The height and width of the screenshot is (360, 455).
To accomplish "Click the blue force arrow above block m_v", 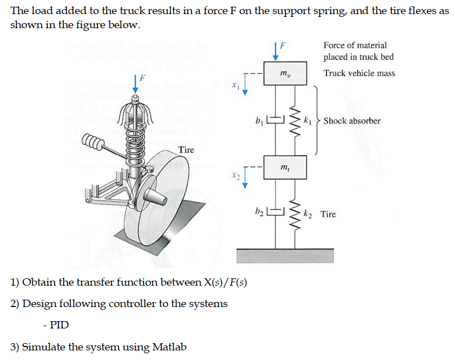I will [276, 50].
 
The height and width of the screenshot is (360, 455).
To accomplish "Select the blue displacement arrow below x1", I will [245, 89].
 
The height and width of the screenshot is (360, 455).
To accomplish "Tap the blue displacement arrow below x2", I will [245, 180].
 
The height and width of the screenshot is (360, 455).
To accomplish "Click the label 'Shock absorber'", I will [352, 121].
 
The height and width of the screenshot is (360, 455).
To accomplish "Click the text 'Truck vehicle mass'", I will [359, 73].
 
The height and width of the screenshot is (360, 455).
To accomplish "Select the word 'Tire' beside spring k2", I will [328, 214].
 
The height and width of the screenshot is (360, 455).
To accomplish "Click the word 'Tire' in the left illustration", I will [186, 149].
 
